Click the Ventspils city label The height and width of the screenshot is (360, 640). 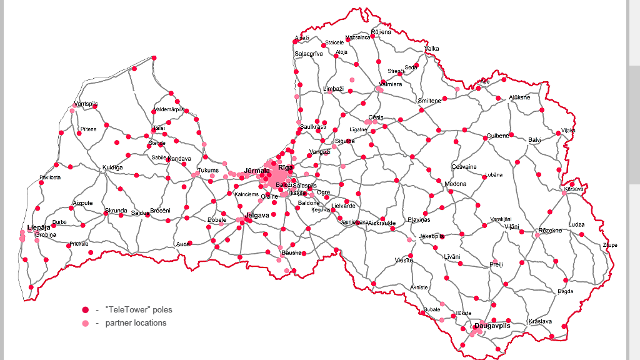coord(86,104)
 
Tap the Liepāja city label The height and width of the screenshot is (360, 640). coord(39,227)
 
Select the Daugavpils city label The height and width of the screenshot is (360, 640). coord(492,326)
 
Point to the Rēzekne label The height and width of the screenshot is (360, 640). coord(550,231)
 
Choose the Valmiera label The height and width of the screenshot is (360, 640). coord(391,84)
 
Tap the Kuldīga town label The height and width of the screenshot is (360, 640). coord(112,167)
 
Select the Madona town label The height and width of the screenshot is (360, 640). coord(455,184)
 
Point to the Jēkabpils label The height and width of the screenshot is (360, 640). coord(432,236)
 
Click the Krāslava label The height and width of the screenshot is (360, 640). coord(540,321)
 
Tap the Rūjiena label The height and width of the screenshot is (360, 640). coord(381,32)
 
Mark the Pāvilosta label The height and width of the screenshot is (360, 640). coord(50,177)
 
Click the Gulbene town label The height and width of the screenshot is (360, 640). coord(498,136)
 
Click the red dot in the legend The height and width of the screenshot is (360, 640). coord(86,309)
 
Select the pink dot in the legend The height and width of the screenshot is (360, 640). coord(86,323)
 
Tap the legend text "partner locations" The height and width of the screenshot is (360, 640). coord(136,323)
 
